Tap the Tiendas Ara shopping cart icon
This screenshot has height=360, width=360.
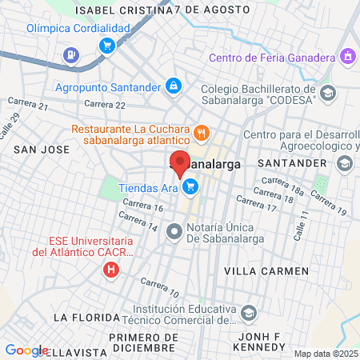point(190,187)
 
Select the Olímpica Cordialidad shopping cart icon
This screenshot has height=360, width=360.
point(106,45)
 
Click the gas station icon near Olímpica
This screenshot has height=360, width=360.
point(71,56)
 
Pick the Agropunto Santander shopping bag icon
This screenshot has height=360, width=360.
point(173,85)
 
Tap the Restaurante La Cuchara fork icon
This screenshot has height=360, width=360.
point(202,131)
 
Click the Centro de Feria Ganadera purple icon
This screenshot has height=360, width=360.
point(347,57)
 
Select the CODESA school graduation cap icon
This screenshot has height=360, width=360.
point(326,94)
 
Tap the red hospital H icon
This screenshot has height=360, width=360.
point(111,270)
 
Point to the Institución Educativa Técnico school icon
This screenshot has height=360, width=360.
point(249,312)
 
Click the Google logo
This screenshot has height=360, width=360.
point(26,350)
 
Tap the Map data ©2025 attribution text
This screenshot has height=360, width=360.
point(325,354)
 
